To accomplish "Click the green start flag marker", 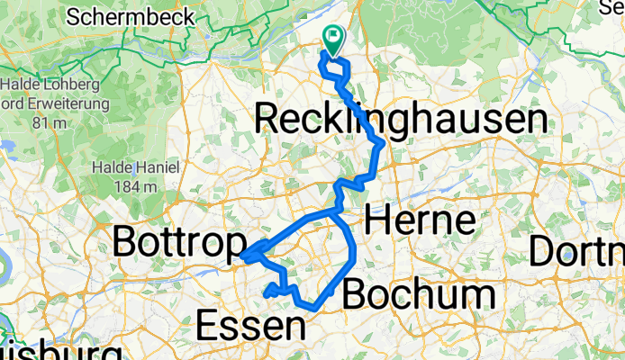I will coord(333,38).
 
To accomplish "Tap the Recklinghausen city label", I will coord(401,119).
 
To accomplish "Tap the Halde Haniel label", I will coord(136,167).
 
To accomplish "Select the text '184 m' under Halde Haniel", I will coord(136,186).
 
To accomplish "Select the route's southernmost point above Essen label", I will coord(312,308).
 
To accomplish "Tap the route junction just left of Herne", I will coord(335,212).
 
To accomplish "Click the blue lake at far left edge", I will coord(8,144).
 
